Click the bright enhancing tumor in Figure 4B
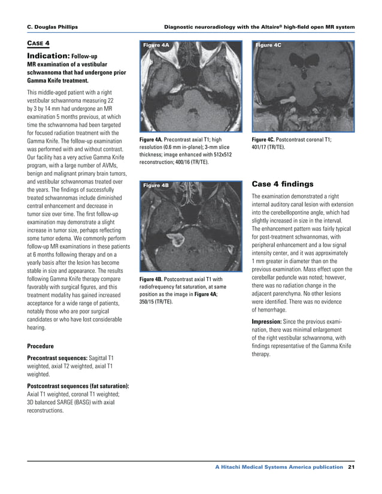(178, 241)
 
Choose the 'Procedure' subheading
(41, 346)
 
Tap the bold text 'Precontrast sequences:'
(57, 358)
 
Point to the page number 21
(351, 466)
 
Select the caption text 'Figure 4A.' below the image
(151, 139)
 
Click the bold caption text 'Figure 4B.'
(151, 279)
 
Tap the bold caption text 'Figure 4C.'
(264, 139)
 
